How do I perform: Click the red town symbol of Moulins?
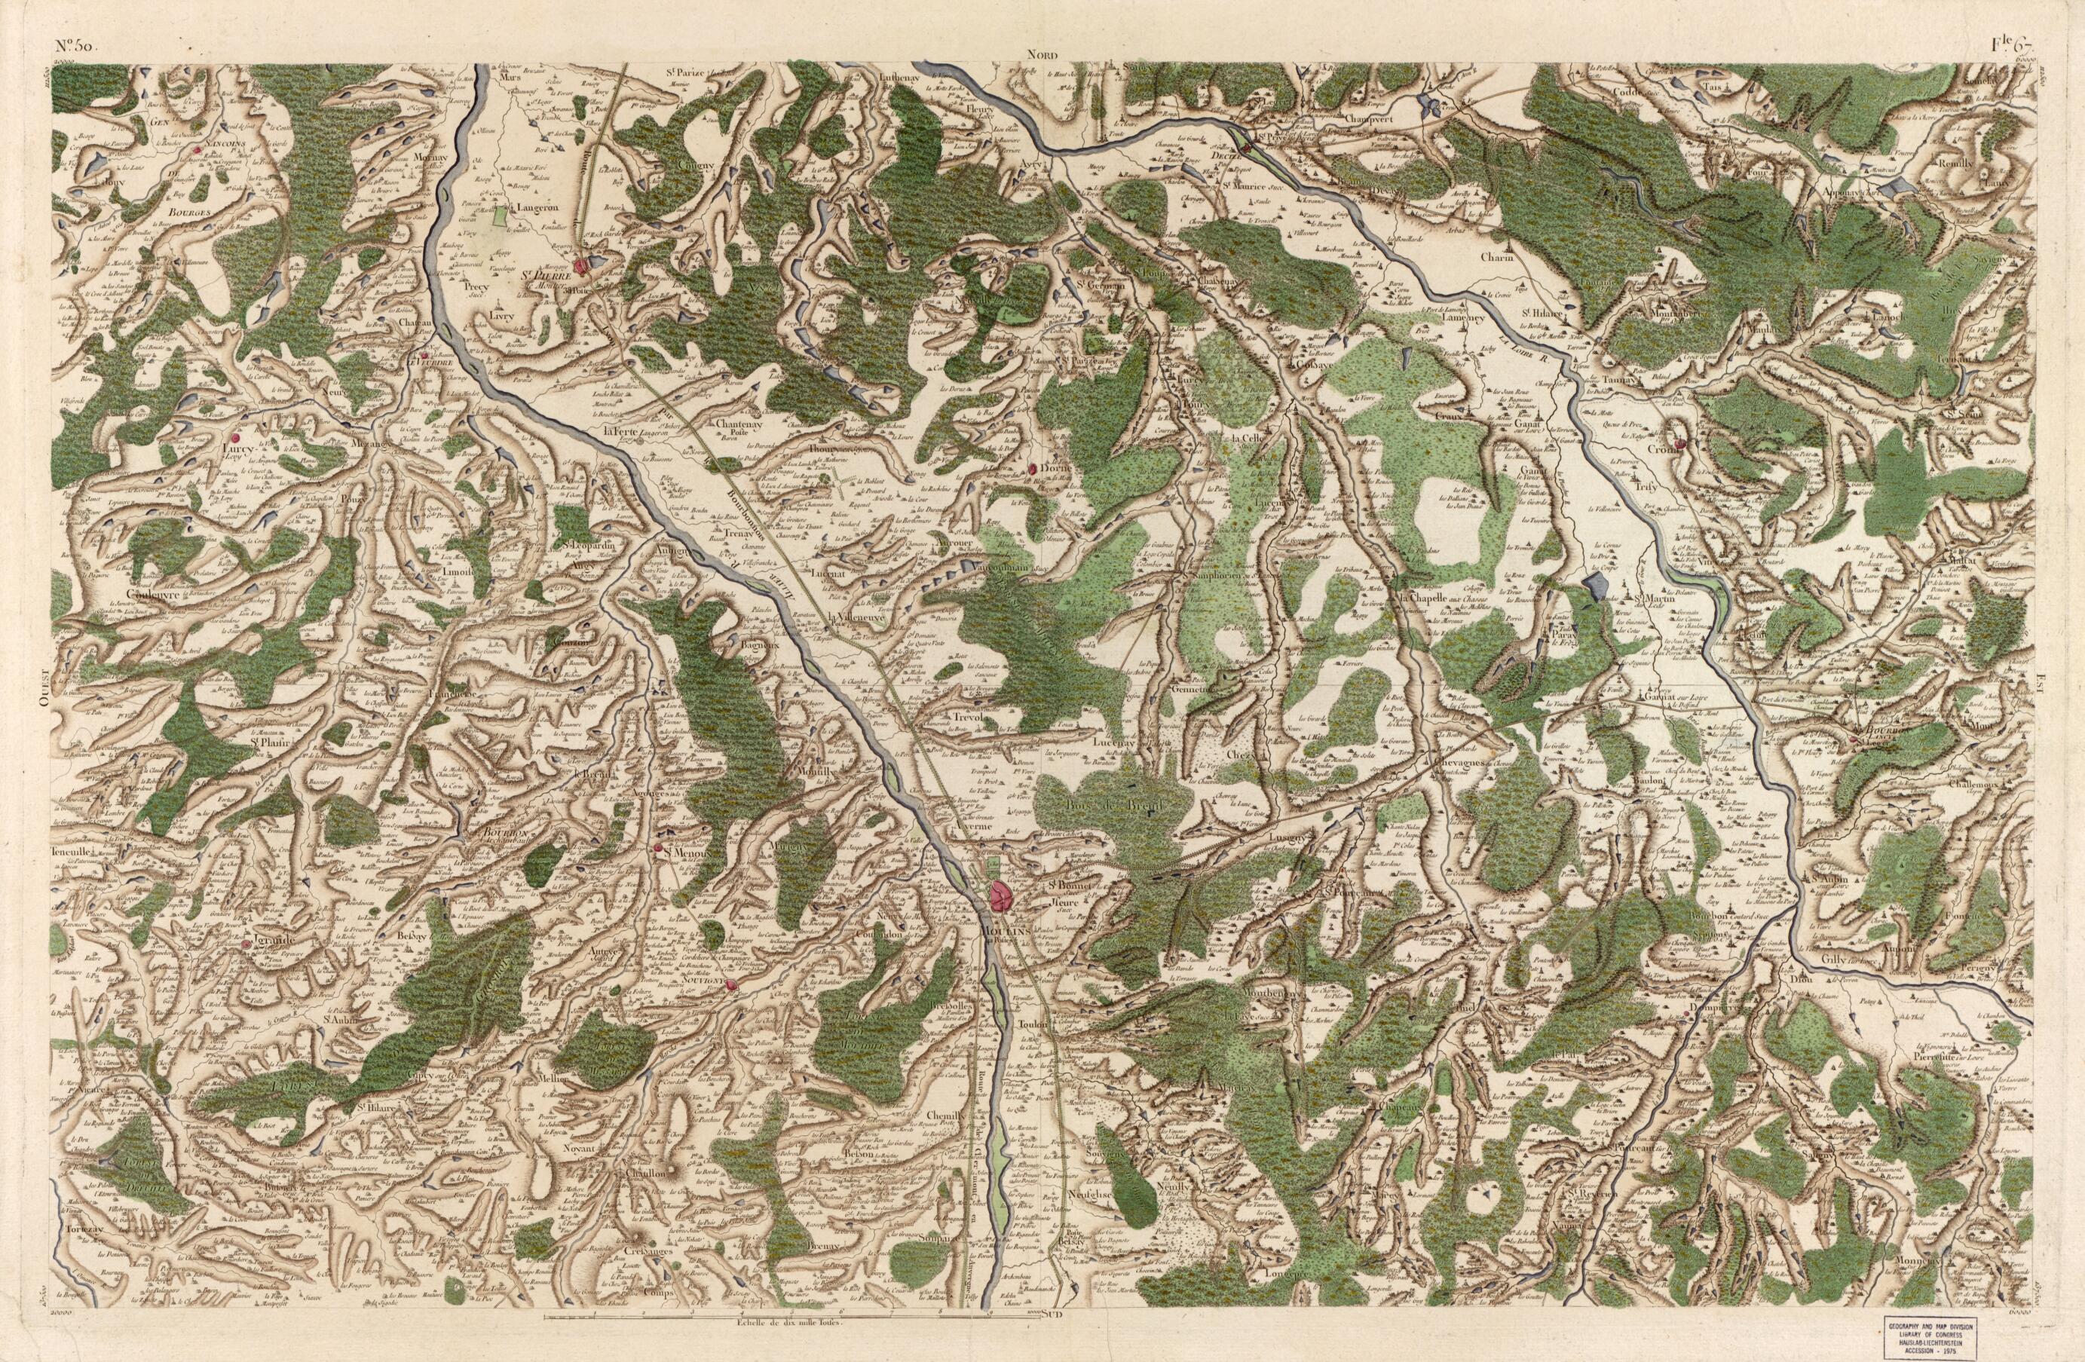1000,895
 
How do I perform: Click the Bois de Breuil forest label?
1101,804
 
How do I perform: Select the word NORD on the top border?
1043,53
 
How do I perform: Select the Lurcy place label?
237,448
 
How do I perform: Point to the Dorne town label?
1055,469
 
